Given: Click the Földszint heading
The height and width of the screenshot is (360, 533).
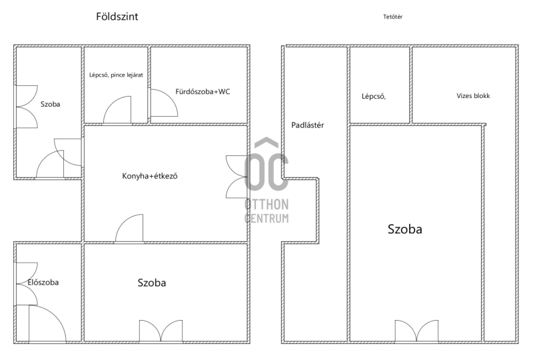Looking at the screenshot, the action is (117, 17).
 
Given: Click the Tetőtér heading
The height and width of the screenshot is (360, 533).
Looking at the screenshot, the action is (392, 17).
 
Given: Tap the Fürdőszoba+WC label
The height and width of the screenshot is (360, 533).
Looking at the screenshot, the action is (203, 91).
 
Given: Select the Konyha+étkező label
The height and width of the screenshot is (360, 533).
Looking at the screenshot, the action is (149, 176).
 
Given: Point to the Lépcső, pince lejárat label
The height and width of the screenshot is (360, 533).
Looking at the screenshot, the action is (116, 75).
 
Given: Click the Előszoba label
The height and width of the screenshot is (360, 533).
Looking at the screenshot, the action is (43, 282).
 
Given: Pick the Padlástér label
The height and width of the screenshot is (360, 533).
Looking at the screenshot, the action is (308, 125).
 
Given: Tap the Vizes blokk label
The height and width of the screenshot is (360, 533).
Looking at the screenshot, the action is (473, 95).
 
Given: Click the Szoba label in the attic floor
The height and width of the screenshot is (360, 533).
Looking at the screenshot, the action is (405, 229).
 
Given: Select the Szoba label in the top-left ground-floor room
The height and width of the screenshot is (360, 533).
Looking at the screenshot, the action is (51, 104).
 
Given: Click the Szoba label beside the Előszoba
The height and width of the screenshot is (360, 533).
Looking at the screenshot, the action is (152, 283).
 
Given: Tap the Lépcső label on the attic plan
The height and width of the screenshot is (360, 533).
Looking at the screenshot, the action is (374, 96).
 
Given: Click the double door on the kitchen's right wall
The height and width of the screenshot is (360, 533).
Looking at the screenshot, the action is (237, 177).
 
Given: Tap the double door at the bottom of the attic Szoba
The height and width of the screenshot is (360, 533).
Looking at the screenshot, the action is (416, 331).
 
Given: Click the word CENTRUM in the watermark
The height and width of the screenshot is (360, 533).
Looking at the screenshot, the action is (266, 218).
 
